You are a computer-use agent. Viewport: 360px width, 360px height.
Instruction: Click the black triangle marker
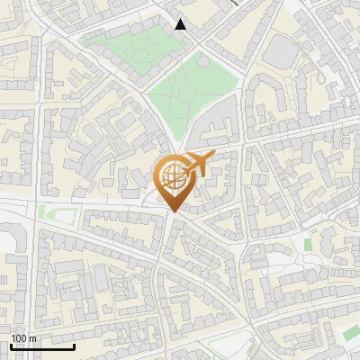click(181, 24)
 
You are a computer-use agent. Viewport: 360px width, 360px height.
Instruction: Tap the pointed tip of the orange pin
click(172, 212)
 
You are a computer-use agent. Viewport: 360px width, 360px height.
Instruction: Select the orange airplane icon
click(199, 164)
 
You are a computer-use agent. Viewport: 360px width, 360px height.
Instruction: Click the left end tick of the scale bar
click(10, 346)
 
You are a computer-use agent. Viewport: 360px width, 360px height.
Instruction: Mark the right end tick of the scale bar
click(74, 346)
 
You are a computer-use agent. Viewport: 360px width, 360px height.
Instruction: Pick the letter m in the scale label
click(32, 338)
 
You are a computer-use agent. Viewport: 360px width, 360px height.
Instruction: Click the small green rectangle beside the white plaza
click(308, 244)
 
